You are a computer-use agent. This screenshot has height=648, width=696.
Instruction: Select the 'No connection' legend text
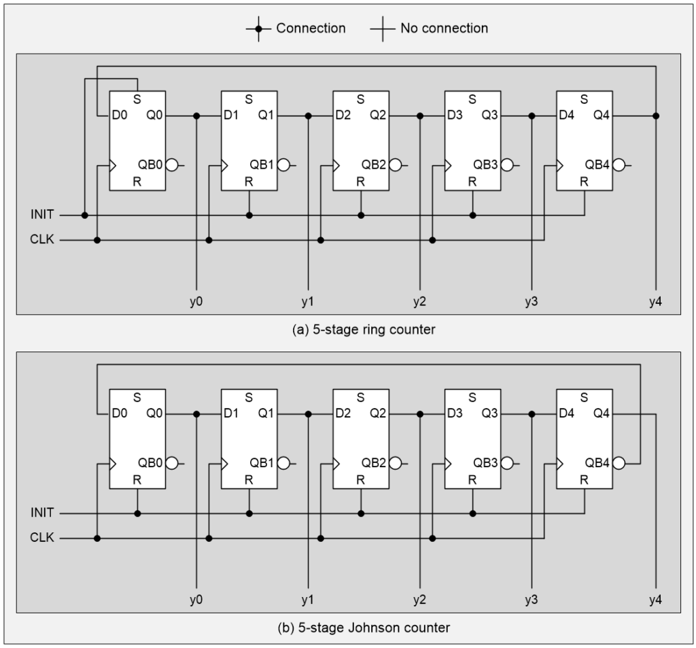[443, 29]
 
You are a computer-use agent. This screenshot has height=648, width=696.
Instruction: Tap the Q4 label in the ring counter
[601, 116]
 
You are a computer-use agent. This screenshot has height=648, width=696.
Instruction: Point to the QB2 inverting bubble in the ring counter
[395, 165]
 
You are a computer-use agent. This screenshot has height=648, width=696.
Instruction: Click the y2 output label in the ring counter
[420, 302]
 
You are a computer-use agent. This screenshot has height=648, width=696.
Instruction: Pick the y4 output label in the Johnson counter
[655, 600]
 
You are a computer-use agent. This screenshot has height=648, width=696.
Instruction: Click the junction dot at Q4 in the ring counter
[656, 116]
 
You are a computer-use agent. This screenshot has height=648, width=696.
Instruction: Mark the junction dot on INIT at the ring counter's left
[85, 215]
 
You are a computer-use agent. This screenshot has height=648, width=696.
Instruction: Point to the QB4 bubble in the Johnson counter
[618, 463]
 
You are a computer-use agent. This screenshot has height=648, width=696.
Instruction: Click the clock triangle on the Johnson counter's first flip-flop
[113, 463]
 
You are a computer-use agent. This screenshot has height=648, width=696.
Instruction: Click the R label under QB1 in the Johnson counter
[249, 479]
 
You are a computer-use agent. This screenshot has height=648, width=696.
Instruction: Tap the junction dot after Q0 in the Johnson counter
[196, 413]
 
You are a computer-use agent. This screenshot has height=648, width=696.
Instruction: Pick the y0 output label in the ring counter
[196, 302]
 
